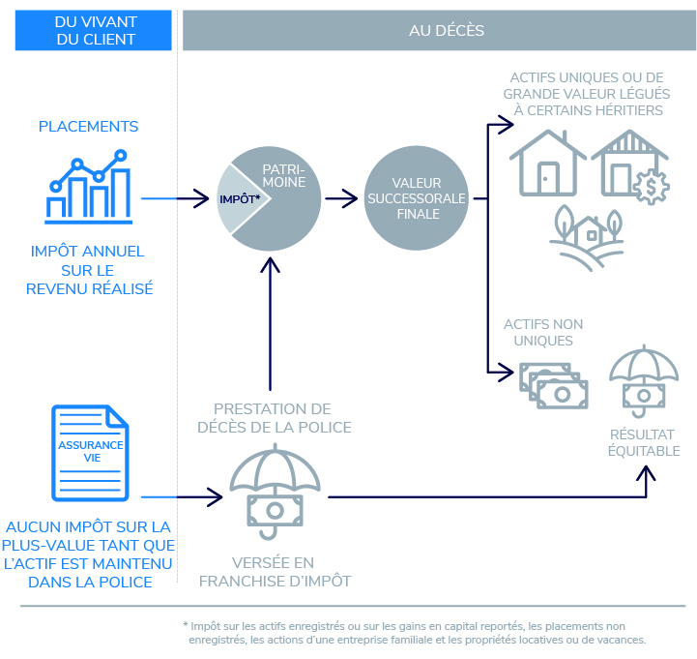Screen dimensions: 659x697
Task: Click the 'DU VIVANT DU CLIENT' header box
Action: [x=95, y=30]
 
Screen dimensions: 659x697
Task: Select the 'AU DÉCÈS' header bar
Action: [x=439, y=30]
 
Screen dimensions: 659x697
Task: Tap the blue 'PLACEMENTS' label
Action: [x=88, y=127]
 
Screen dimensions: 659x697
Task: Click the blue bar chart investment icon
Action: [x=88, y=185]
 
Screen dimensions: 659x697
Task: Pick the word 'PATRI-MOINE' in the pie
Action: [x=285, y=175]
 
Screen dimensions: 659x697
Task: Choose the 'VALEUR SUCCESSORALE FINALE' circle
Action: [x=417, y=198]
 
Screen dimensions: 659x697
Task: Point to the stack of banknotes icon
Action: [x=553, y=385]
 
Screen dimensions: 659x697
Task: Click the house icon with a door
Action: [x=548, y=165]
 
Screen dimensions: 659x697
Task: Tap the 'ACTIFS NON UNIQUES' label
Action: [x=543, y=332]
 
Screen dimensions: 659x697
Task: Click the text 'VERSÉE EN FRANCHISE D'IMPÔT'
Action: [x=275, y=571]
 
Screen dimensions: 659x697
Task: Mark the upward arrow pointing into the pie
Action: [x=271, y=319]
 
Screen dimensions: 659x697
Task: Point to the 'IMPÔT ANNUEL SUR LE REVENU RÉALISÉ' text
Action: [x=90, y=270]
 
